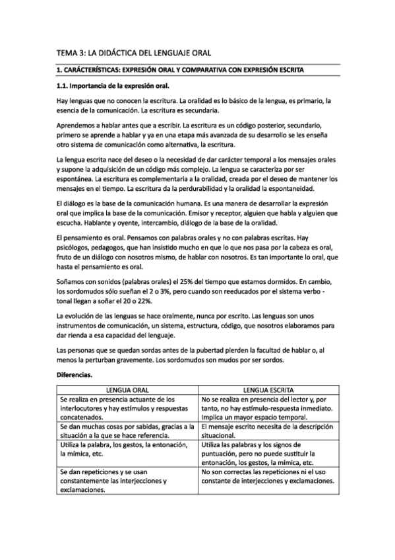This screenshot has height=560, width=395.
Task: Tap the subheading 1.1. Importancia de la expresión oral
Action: click(x=112, y=86)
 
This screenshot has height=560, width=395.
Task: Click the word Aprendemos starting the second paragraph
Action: click(x=78, y=124)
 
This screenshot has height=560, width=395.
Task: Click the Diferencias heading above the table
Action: click(x=75, y=374)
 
